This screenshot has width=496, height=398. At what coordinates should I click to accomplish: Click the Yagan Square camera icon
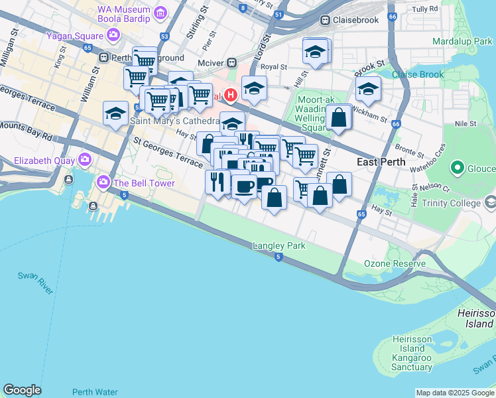pos(114,34)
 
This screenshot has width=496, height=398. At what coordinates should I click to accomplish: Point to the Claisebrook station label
pos(355,20)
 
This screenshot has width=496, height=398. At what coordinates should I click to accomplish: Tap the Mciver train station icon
pos(231,63)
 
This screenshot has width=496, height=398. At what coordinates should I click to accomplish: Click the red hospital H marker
pos(231,95)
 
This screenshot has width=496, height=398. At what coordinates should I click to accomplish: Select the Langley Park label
pos(279,245)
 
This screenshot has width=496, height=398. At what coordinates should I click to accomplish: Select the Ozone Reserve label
pos(395,263)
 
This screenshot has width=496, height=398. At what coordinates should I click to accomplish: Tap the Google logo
pos(22,390)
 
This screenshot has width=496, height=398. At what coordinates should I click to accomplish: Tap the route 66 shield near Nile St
pos(396,124)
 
